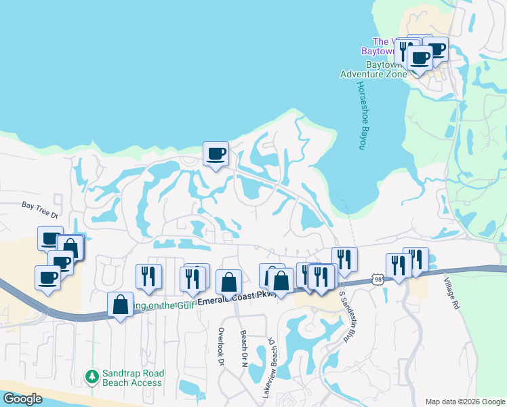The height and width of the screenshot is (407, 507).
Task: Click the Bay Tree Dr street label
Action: coord(41,204)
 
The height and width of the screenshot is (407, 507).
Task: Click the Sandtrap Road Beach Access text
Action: coord(132,379)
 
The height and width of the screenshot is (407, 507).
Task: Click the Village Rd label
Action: coord(451,294)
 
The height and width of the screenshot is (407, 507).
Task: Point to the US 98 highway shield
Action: coord(378,279)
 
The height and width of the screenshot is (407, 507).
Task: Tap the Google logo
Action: coord(22,399)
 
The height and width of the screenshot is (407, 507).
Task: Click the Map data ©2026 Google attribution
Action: coord(464,402)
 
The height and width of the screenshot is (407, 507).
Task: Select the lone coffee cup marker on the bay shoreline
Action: coord(216,154)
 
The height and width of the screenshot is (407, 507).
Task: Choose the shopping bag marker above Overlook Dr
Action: coord(228,282)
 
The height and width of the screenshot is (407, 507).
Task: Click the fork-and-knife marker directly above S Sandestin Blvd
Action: coord(344,259)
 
